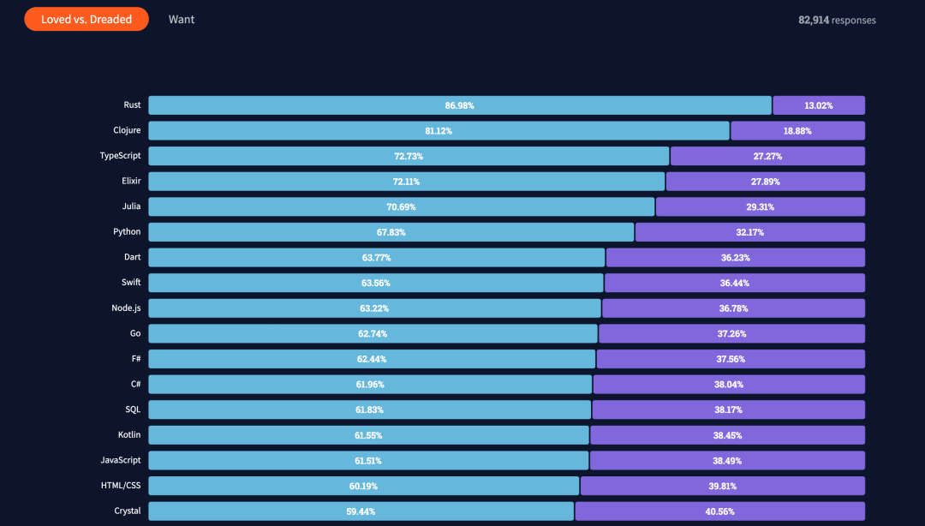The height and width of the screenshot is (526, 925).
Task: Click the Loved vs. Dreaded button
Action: (87, 19)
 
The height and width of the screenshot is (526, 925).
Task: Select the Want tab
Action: (182, 19)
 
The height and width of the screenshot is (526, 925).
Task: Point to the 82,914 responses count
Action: (837, 20)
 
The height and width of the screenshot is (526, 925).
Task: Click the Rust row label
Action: (132, 105)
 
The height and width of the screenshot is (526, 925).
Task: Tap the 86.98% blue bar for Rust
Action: (459, 105)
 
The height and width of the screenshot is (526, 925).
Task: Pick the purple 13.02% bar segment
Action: (819, 105)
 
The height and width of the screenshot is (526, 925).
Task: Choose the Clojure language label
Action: (127, 130)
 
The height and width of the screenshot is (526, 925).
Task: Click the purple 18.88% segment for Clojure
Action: (797, 131)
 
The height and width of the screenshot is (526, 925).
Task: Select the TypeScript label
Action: (121, 156)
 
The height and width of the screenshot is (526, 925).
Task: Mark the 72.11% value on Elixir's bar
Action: (406, 182)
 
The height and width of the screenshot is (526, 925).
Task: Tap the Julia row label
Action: (131, 206)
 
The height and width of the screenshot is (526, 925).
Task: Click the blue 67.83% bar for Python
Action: (391, 232)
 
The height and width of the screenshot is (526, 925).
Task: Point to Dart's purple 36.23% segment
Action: (735, 257)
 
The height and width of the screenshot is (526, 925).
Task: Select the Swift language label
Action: (131, 282)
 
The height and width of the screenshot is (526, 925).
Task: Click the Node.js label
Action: (125, 308)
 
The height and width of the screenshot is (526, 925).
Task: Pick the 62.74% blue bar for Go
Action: (373, 333)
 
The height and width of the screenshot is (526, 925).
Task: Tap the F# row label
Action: (135, 358)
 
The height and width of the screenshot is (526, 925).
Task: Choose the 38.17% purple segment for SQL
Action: (728, 409)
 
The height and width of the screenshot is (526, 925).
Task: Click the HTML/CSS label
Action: (121, 486)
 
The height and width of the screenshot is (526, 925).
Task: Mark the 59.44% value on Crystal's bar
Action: (360, 511)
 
